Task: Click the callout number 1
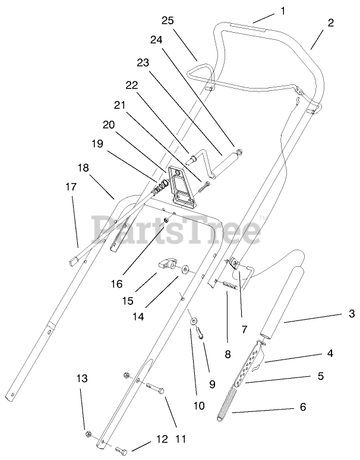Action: point(283,10)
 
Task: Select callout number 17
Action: point(71,186)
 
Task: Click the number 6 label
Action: point(303,408)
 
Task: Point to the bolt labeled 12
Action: point(123,450)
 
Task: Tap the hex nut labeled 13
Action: point(89,433)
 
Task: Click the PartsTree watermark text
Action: point(176,229)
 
